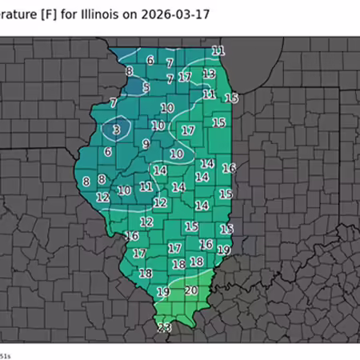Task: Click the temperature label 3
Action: (x=116, y=130)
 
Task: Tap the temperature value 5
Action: (x=146, y=87)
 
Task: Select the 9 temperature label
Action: (x=146, y=144)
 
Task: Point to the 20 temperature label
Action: (x=191, y=290)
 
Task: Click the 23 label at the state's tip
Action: (x=164, y=328)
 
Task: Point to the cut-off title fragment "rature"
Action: (x=18, y=15)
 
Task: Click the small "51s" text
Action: (x=5, y=354)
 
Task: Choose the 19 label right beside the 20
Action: (x=163, y=292)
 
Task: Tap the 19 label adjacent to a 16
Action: (x=224, y=250)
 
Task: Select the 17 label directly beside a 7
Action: (x=185, y=78)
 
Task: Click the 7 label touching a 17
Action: (x=170, y=78)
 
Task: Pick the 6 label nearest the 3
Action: (x=108, y=152)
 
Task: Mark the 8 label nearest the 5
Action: (x=129, y=72)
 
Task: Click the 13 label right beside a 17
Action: (x=209, y=74)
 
